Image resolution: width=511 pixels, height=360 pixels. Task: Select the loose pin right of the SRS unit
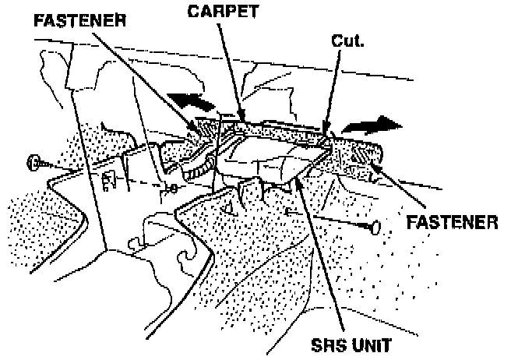tap(375, 227)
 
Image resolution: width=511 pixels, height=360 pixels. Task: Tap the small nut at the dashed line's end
tap(173, 189)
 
